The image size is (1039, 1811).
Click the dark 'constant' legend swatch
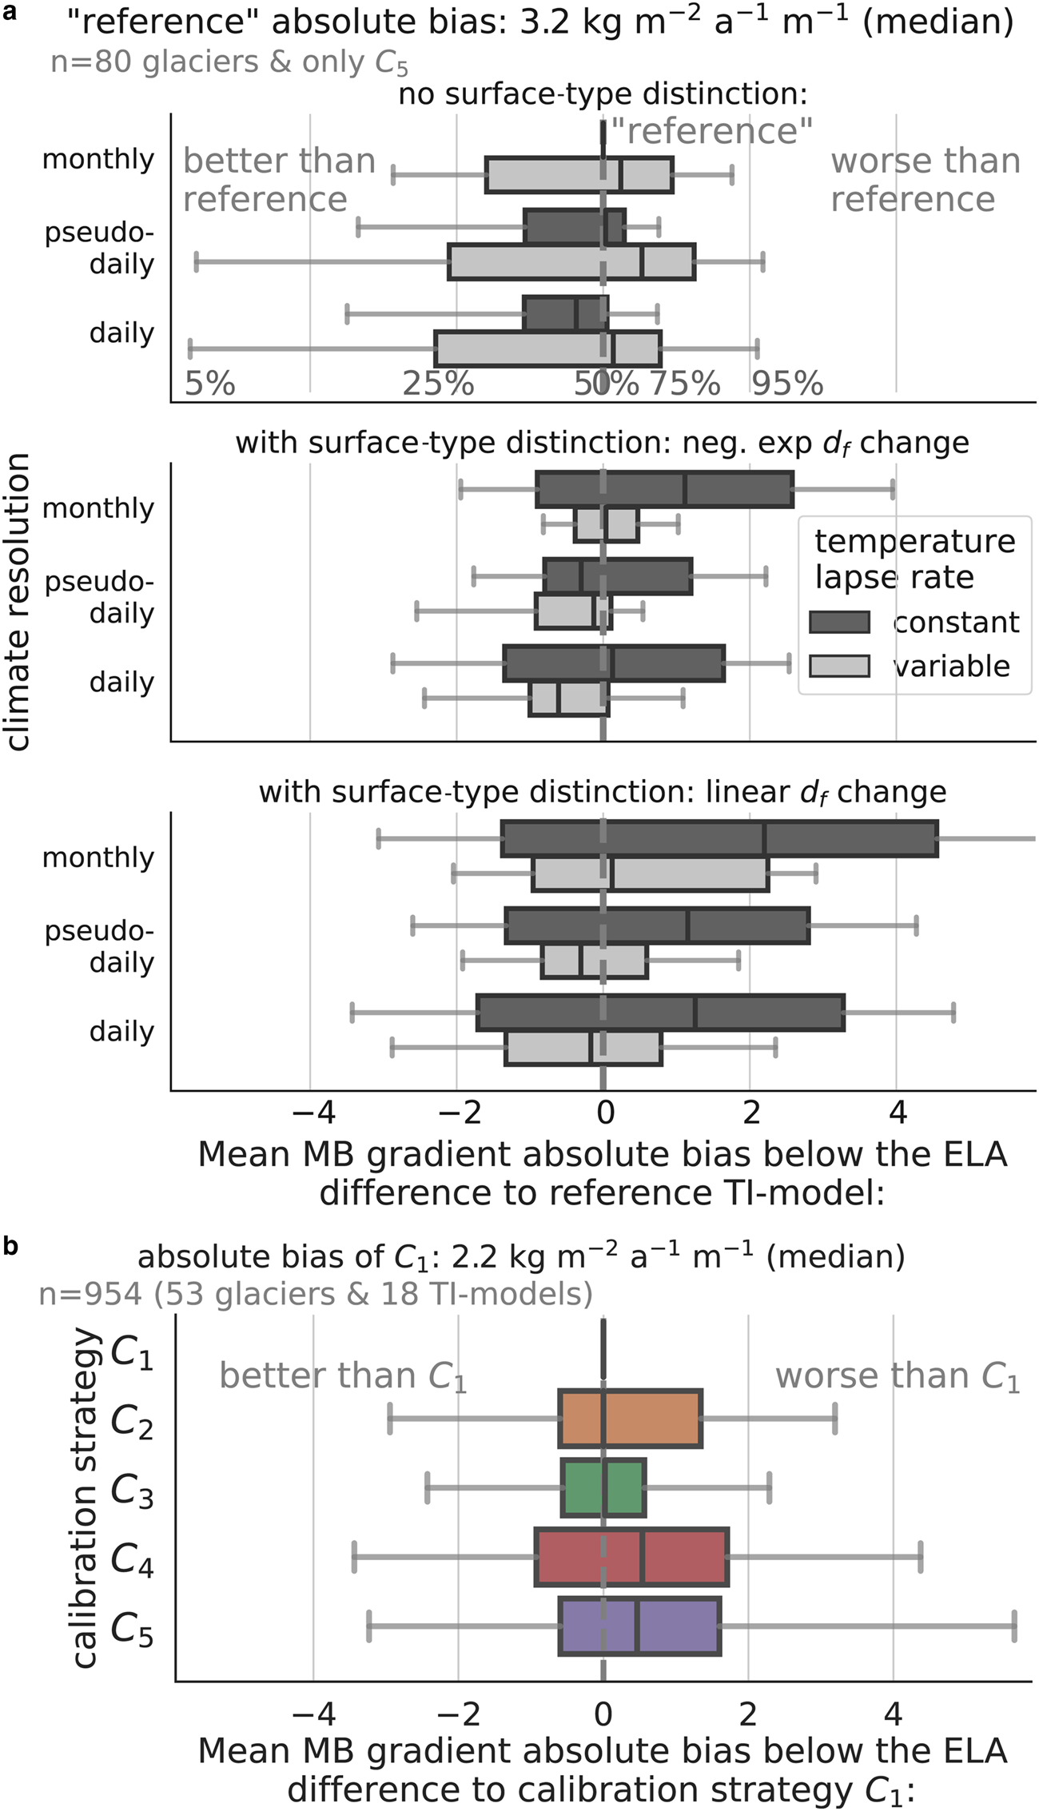pyautogui.click(x=839, y=622)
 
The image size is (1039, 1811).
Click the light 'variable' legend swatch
pyautogui.click(x=839, y=665)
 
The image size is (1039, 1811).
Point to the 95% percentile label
pyautogui.click(x=787, y=384)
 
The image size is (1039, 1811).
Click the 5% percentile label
pyautogui.click(x=209, y=384)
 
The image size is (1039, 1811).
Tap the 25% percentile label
pyautogui.click(x=438, y=384)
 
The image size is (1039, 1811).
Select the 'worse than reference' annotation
pyautogui.click(x=925, y=180)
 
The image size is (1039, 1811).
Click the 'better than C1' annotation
pyautogui.click(x=343, y=1376)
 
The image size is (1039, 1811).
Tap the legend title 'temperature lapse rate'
pyautogui.click(x=914, y=559)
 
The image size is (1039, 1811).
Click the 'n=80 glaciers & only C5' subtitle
pyautogui.click(x=229, y=62)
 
